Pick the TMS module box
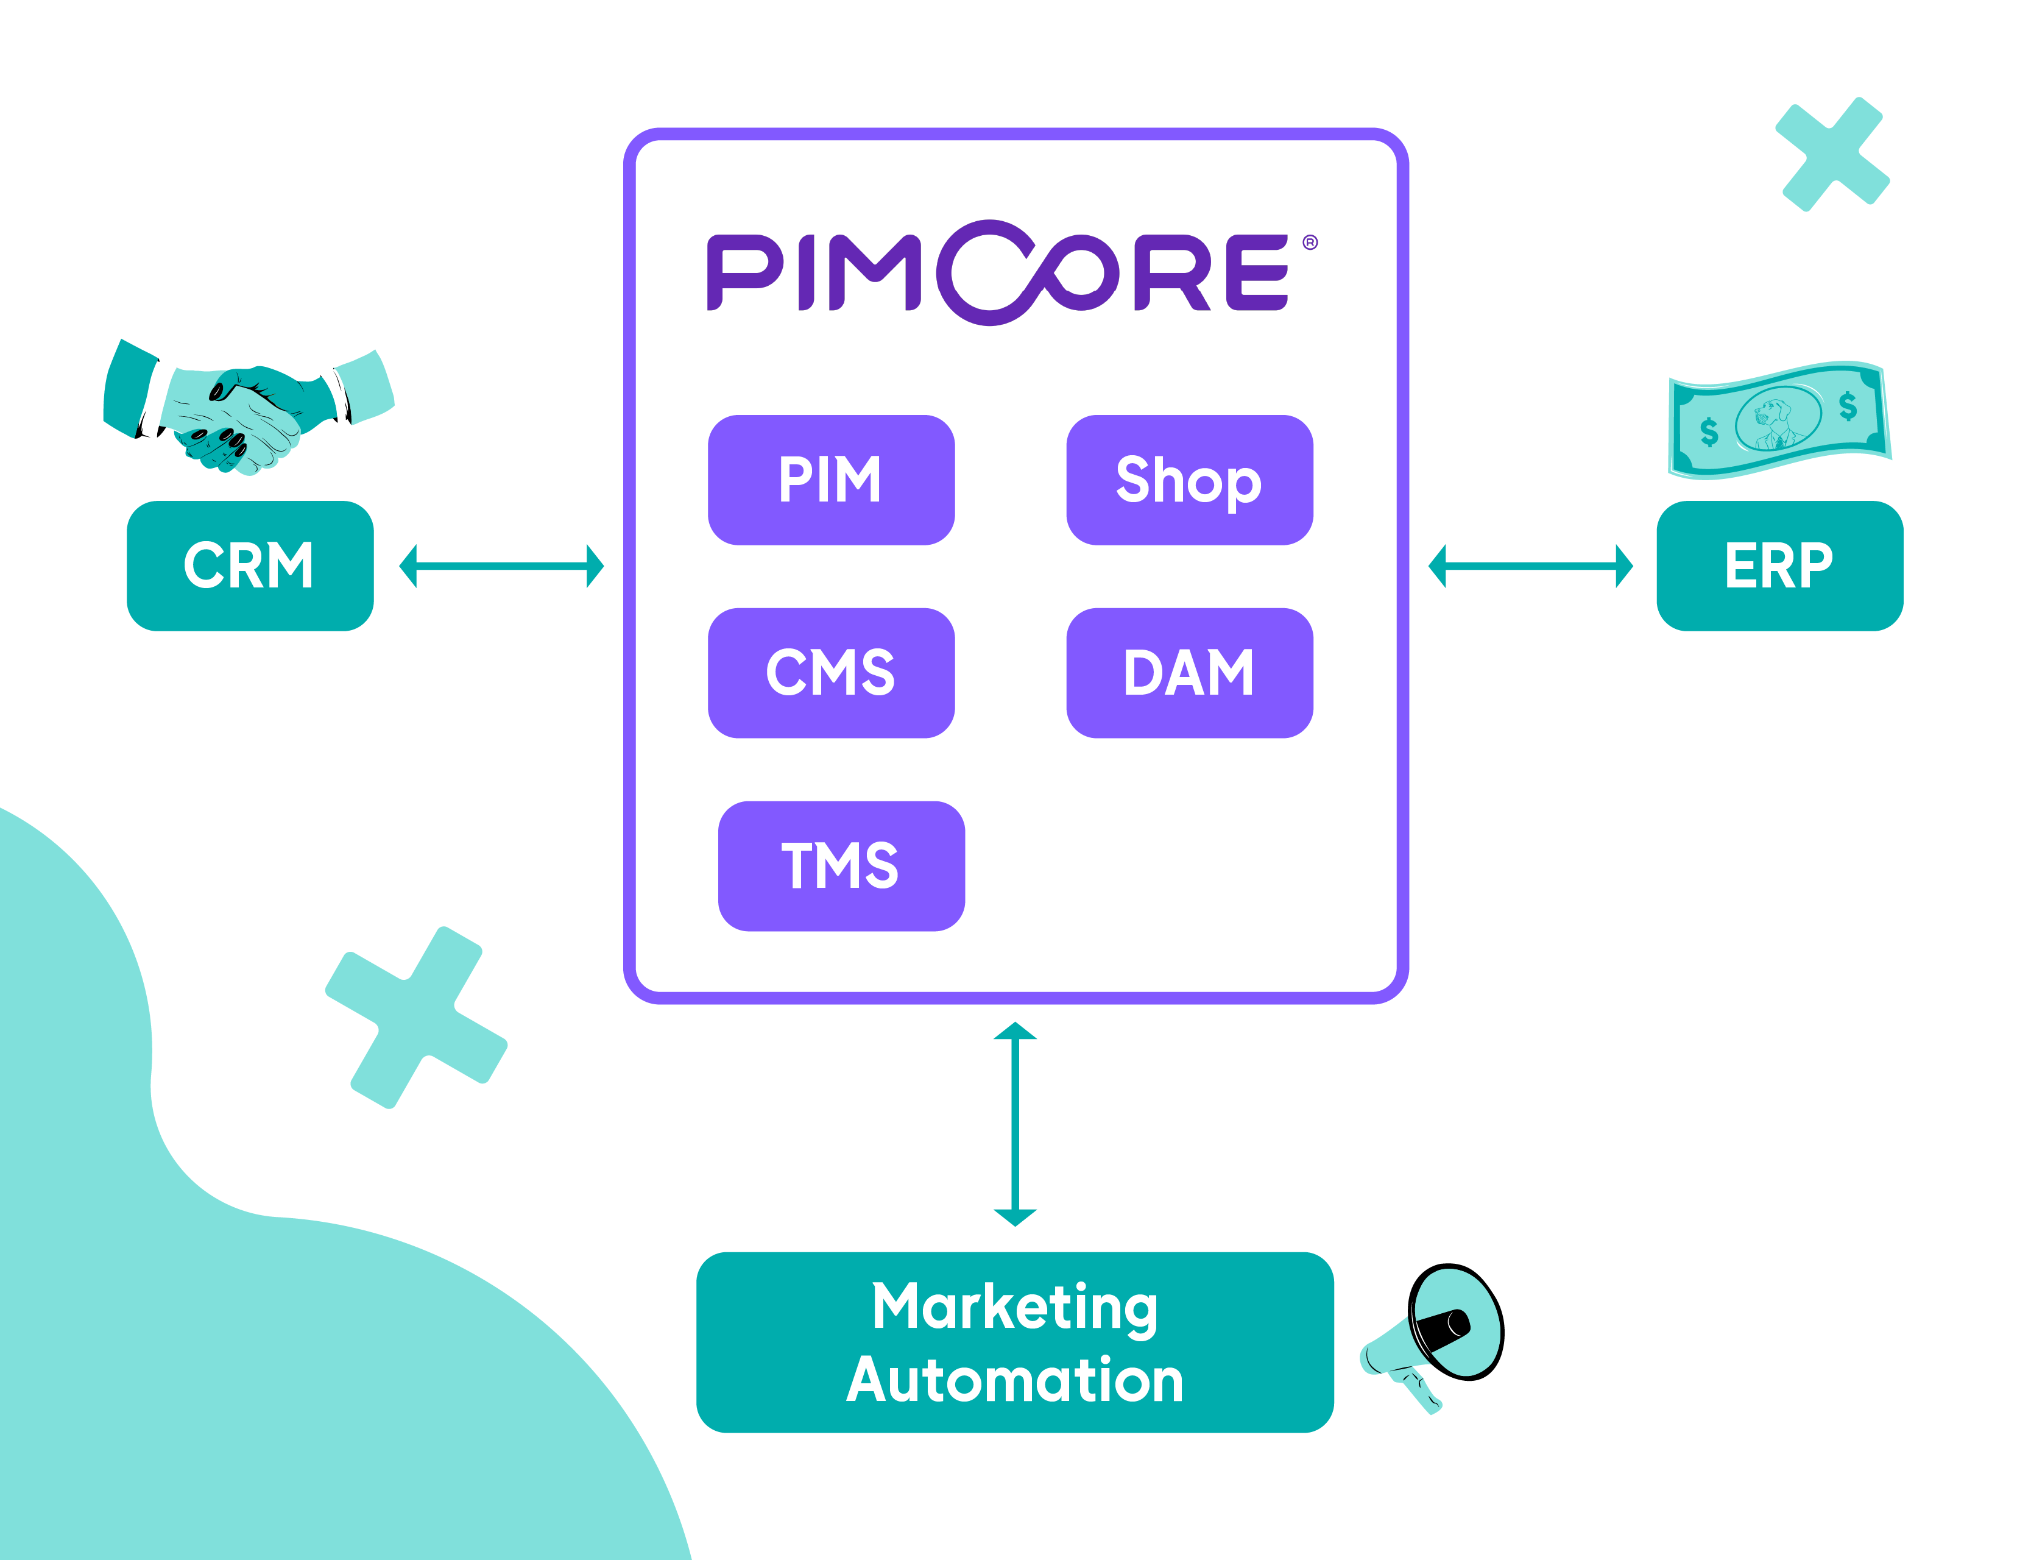[x=841, y=865]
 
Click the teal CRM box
[x=250, y=565]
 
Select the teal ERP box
[x=1779, y=565]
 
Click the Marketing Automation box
[x=1014, y=1342]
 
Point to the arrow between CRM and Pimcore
[x=501, y=565]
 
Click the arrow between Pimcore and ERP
[x=1530, y=565]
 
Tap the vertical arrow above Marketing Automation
[x=1014, y=1124]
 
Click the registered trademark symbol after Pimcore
[x=1310, y=243]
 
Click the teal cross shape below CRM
[x=416, y=1017]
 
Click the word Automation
[x=1014, y=1380]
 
